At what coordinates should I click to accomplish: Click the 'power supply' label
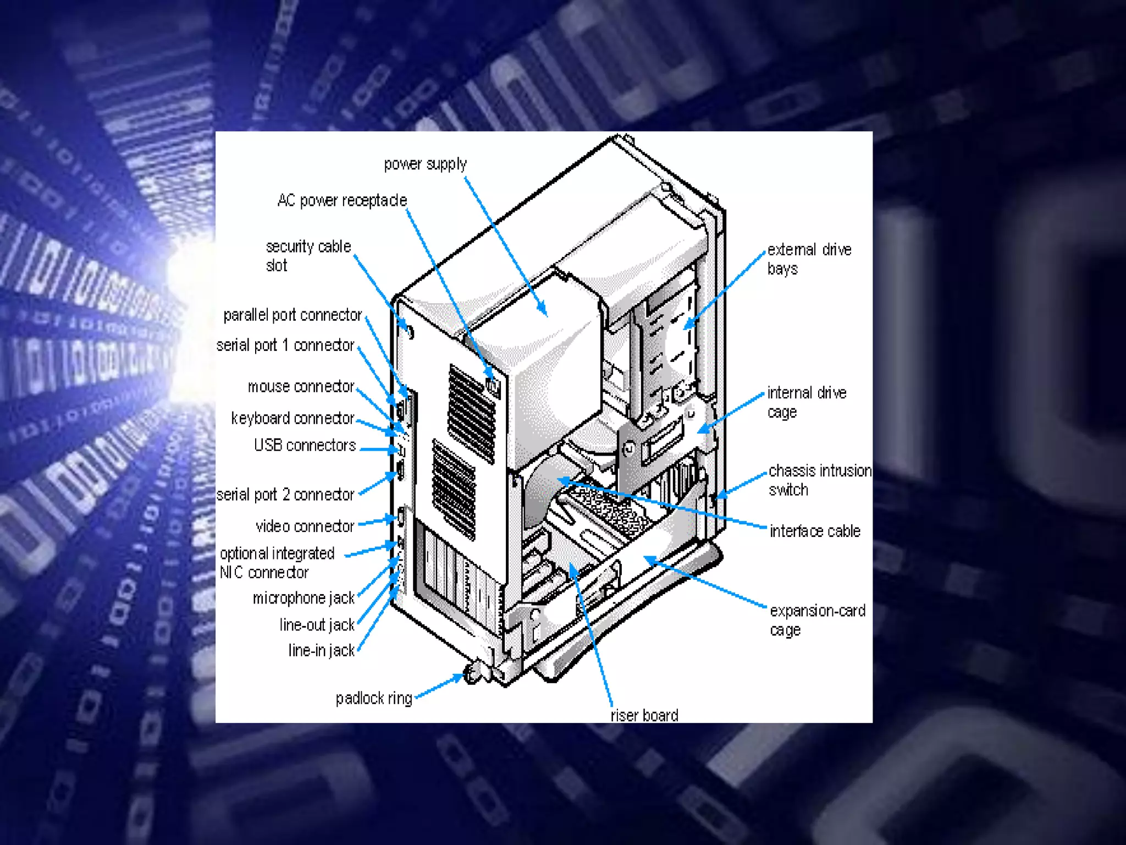click(425, 164)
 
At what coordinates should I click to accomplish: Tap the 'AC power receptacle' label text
click(342, 200)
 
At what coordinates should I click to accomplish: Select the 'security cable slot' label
click(308, 255)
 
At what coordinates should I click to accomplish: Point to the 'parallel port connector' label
click(292, 315)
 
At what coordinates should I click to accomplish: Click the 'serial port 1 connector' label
click(285, 345)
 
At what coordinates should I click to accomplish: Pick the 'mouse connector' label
click(301, 387)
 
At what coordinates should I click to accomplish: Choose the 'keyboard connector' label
click(292, 418)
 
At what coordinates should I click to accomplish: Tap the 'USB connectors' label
click(305, 445)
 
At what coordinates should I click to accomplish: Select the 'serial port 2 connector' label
click(285, 495)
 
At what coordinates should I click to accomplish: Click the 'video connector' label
click(305, 526)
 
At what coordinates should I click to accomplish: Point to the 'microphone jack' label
click(303, 598)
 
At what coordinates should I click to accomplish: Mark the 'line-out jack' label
click(317, 625)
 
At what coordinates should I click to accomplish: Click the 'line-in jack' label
click(322, 650)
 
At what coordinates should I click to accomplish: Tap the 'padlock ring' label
click(374, 698)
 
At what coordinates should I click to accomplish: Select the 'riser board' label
click(644, 715)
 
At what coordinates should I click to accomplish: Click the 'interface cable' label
click(815, 531)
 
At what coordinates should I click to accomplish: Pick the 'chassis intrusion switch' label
click(819, 480)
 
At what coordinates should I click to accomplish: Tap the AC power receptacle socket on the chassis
click(493, 387)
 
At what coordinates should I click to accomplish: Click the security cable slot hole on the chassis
click(409, 332)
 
